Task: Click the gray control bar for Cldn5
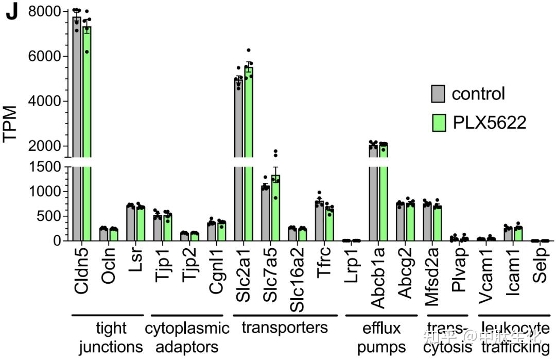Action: coord(77,129)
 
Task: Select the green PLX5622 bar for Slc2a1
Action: coord(249,155)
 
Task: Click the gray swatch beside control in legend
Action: coord(438,94)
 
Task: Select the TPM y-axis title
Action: coord(11,124)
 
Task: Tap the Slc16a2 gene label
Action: coord(297,281)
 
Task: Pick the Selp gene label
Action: coord(540,268)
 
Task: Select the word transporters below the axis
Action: coord(285,328)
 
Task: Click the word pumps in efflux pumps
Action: coord(381,347)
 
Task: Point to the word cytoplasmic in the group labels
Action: coord(187,328)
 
